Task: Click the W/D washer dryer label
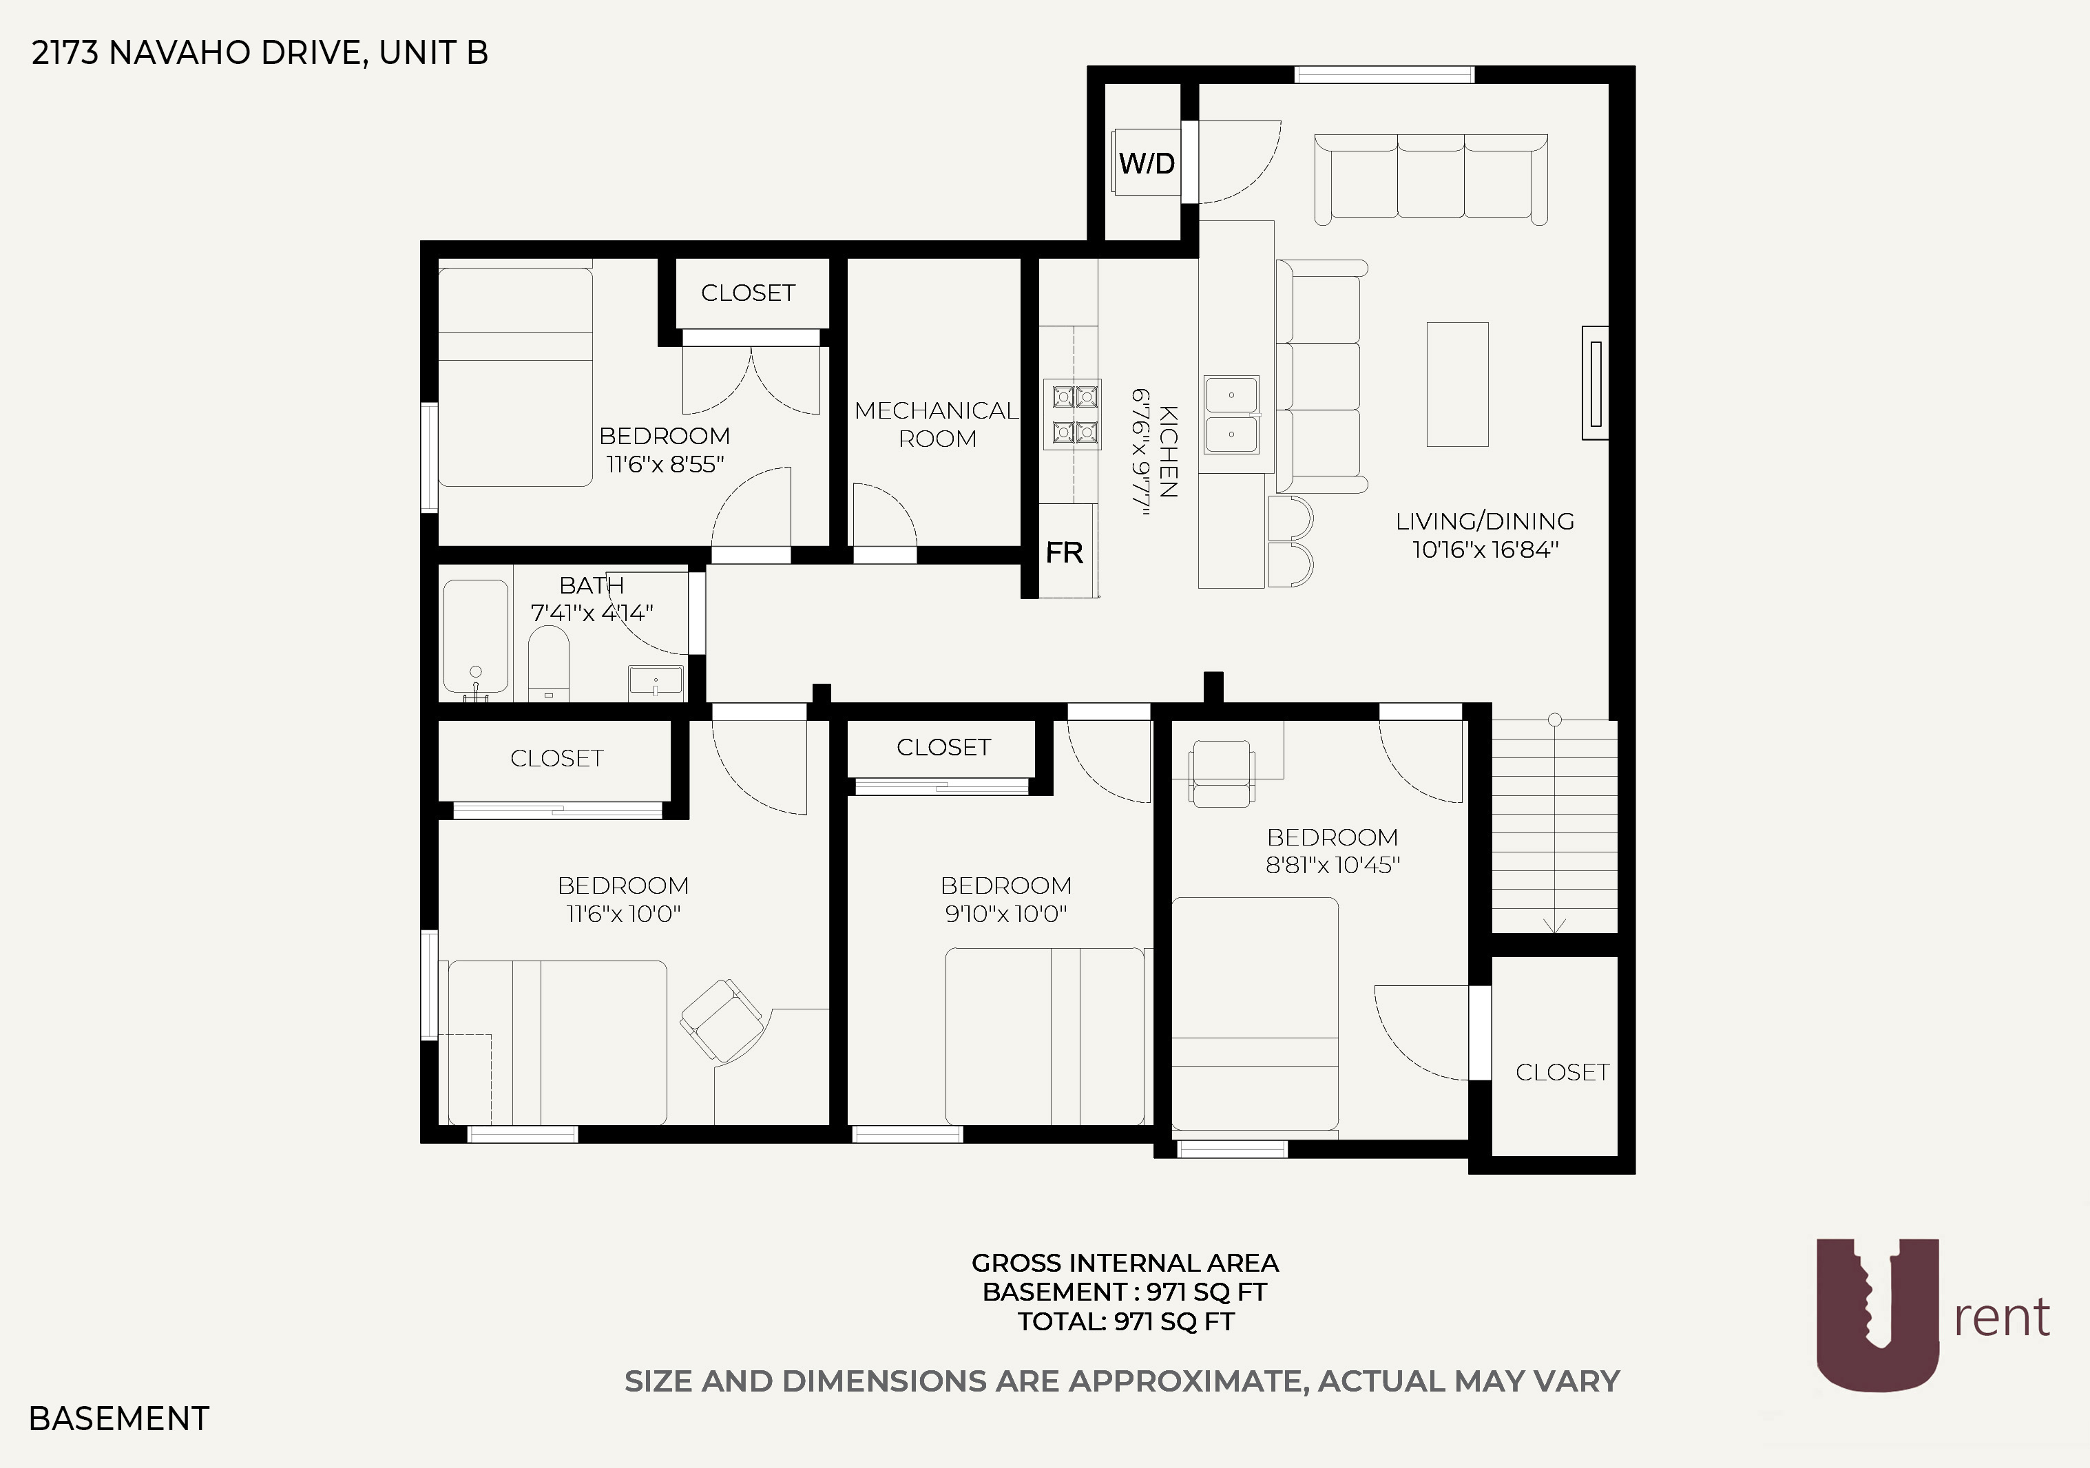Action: [x=1146, y=164]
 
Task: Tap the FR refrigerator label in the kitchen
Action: [x=1064, y=552]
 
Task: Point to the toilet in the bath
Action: [x=549, y=662]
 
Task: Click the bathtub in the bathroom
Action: [x=475, y=637]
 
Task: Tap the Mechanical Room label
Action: [x=937, y=424]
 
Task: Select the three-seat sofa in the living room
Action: [x=1431, y=178]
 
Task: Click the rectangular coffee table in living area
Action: [x=1457, y=384]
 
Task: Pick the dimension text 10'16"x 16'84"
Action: [x=1485, y=549]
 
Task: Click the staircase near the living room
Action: [x=1554, y=824]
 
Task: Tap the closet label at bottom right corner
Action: [x=1562, y=1072]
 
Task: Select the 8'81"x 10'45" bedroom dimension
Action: [x=1333, y=865]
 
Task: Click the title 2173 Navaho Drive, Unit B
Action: [x=260, y=53]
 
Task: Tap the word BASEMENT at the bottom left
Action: [x=119, y=1418]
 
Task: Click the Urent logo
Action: [x=1930, y=1315]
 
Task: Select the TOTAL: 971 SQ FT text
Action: [x=1125, y=1321]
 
